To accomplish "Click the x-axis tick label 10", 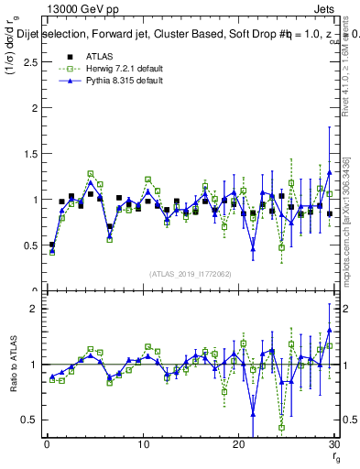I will click(143, 443).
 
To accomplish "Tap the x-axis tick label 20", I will click(239, 443).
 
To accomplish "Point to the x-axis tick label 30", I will click(335, 443).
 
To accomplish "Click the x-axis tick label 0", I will click(47, 443).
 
